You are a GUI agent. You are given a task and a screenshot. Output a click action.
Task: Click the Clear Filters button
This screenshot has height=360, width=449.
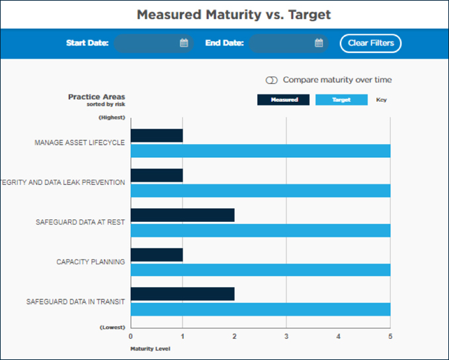(370, 43)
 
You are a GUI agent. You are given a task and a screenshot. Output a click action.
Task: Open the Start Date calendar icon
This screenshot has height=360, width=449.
(184, 44)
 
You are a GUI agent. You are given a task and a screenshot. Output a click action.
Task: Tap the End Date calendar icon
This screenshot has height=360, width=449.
(319, 44)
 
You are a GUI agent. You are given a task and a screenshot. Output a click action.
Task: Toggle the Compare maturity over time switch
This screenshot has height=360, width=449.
(271, 80)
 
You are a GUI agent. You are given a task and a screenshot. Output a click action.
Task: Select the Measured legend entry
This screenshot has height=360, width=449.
(283, 100)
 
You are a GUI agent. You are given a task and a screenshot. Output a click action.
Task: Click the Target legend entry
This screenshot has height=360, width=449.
(341, 100)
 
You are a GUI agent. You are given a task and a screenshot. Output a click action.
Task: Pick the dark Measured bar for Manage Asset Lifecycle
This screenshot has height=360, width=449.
(157, 136)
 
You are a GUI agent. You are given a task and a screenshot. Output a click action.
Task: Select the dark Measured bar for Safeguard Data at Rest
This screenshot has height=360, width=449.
(183, 215)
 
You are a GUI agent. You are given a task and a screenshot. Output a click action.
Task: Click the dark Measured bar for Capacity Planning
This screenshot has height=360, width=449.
(157, 255)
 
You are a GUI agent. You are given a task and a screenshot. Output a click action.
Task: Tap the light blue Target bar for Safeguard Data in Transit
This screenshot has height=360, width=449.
(261, 309)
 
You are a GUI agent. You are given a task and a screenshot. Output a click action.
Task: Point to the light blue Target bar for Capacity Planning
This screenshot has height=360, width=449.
(261, 270)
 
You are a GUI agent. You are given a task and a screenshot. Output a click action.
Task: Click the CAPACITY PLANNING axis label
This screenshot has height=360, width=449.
(91, 262)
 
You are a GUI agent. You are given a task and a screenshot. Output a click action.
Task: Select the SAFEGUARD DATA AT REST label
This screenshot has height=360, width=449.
(80, 223)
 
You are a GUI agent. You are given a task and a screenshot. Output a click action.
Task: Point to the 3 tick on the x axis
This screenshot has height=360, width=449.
(286, 336)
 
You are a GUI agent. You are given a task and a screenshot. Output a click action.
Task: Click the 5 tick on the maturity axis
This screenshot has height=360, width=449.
(390, 336)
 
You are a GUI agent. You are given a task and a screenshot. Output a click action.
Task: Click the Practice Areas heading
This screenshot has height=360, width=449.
(97, 97)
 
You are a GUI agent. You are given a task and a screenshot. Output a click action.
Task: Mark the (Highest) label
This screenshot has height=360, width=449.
(111, 117)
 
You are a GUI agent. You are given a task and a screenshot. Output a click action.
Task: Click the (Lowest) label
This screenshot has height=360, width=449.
(112, 327)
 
